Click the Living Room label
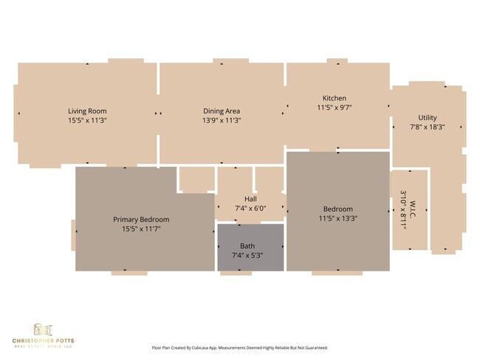click(88, 111)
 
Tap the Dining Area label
click(222, 111)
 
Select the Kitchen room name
click(334, 98)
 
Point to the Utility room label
click(428, 117)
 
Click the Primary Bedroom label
click(141, 219)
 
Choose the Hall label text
click(251, 199)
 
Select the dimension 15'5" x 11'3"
click(88, 120)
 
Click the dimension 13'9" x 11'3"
click(222, 120)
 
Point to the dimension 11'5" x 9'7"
click(334, 108)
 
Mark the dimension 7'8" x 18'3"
click(428, 127)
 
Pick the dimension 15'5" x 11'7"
click(141, 229)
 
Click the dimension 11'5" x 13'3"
click(337, 218)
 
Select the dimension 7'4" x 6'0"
click(251, 209)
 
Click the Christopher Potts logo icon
click(42, 328)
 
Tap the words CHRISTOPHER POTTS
click(42, 340)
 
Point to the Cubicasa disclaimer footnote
click(239, 347)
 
